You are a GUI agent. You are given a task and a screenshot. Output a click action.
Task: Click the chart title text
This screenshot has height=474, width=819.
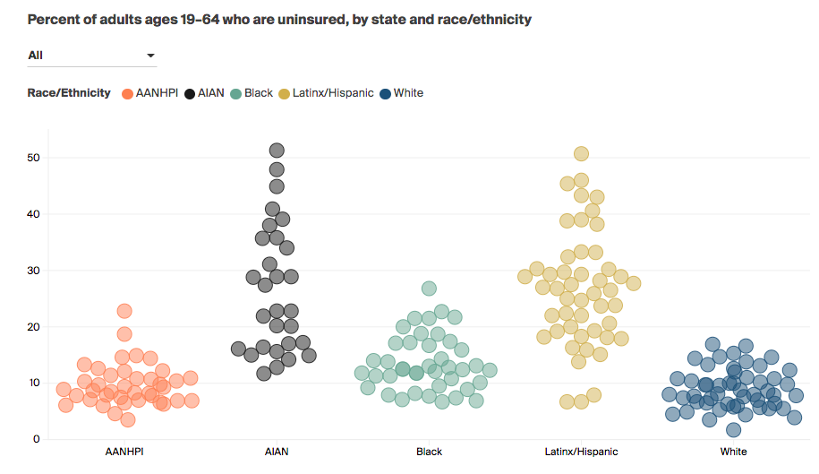tap(279, 19)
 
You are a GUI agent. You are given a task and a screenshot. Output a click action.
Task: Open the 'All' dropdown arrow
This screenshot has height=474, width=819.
tap(150, 56)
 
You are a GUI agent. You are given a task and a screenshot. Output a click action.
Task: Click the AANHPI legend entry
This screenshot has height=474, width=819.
tap(154, 93)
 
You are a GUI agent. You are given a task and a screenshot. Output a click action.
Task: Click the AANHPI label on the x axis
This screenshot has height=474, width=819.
tap(126, 452)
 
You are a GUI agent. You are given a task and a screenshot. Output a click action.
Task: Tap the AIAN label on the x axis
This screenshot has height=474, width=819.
tap(277, 452)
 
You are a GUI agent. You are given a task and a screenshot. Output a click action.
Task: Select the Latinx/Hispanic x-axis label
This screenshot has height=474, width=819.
tap(581, 452)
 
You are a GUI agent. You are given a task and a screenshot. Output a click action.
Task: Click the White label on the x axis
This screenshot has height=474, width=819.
tap(733, 452)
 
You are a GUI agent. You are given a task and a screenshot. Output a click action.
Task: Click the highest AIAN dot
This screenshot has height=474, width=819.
tap(277, 151)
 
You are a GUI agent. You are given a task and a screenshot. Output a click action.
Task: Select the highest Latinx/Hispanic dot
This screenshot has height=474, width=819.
tap(581, 154)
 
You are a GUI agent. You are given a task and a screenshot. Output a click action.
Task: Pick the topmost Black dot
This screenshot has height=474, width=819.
tap(429, 289)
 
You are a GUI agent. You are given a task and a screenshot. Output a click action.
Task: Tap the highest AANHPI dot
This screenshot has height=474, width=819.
tap(124, 311)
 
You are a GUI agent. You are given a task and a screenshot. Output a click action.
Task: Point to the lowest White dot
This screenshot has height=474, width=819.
tap(733, 429)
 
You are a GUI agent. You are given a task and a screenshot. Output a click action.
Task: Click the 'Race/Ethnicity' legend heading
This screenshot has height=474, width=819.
tap(69, 93)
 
